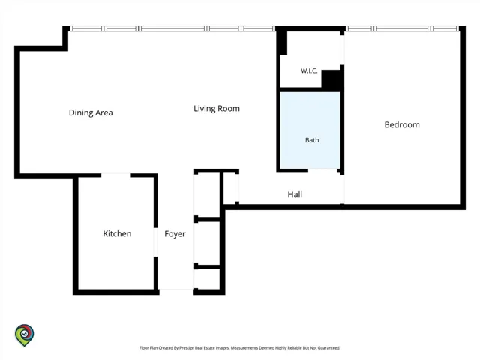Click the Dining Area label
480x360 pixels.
click(91, 112)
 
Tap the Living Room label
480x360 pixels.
click(217, 109)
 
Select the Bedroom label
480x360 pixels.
click(402, 125)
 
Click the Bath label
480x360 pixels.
click(312, 140)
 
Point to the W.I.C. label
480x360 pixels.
click(309, 70)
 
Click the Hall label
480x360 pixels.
click(295, 194)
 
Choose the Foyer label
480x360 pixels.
click(175, 234)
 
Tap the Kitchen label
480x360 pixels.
click(117, 233)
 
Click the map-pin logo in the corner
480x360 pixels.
click(25, 335)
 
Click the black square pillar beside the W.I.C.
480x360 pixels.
click(331, 80)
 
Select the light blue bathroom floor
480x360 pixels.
click(310, 130)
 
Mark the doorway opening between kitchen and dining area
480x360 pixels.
click(115, 175)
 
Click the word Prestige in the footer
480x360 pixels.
click(188, 348)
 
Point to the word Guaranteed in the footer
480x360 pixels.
click(328, 348)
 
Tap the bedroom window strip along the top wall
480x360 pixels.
click(403, 28)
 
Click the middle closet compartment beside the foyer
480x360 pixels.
click(207, 242)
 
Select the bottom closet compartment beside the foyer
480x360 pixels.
click(207, 279)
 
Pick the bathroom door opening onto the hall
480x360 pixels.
click(322, 170)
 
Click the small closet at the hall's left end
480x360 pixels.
click(229, 188)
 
